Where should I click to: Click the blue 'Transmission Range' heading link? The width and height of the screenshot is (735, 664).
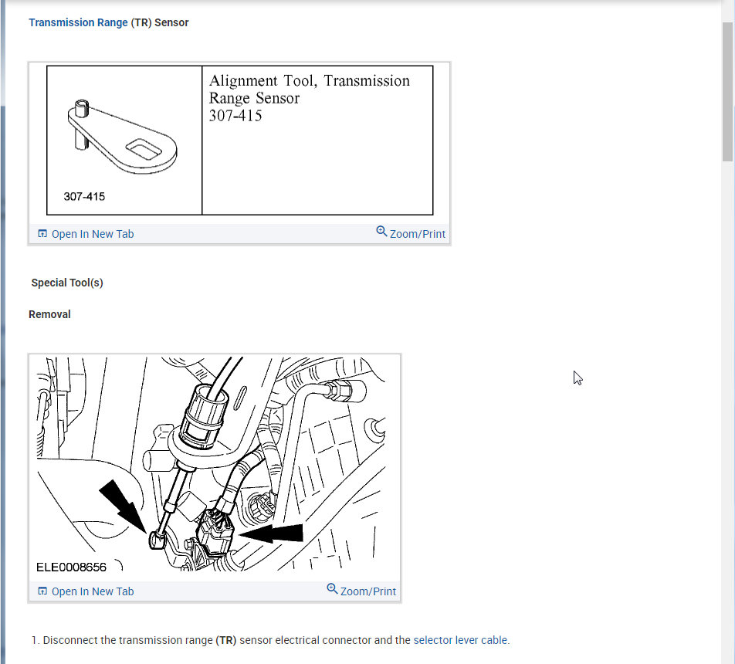[x=78, y=22]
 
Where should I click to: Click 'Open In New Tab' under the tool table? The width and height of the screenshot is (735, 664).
[x=92, y=234]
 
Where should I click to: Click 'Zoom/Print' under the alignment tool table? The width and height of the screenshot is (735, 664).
[x=417, y=234]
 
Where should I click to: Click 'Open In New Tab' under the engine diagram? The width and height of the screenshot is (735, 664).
[x=92, y=591]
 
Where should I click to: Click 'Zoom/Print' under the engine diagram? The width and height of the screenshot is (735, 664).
[x=367, y=591]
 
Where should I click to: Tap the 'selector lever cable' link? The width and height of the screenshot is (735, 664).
[x=461, y=640]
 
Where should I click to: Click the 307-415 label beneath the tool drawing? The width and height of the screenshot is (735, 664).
[x=84, y=197]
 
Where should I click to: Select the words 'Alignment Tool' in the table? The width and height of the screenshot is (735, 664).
[x=258, y=81]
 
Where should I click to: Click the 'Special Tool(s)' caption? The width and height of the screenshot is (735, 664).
[x=67, y=283]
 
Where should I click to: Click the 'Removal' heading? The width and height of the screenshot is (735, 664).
[x=49, y=314]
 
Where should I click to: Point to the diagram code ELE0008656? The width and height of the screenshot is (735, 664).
[x=72, y=567]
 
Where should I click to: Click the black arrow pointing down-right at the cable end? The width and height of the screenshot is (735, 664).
[x=124, y=504]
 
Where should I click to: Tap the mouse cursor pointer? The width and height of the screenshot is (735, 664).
[x=577, y=378]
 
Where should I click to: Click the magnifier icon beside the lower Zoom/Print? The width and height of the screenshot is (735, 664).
[x=332, y=589]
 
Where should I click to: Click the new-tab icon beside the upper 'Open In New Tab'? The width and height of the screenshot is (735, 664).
[x=42, y=234]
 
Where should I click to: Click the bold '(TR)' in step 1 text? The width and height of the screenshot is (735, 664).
[x=226, y=640]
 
